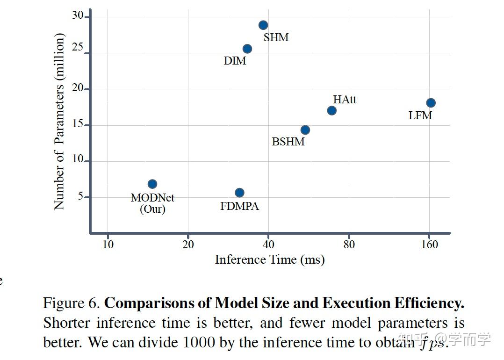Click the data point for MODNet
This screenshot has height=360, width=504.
click(x=152, y=184)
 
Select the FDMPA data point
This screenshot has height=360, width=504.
click(x=239, y=193)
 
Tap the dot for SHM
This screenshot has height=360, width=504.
click(x=263, y=25)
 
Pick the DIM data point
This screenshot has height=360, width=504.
click(x=247, y=49)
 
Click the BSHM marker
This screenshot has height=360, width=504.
click(x=305, y=130)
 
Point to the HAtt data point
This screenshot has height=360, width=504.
click(x=331, y=111)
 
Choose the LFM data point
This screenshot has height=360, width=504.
click(x=431, y=103)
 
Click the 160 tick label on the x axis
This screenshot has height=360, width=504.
click(x=429, y=245)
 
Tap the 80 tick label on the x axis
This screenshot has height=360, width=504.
click(x=349, y=245)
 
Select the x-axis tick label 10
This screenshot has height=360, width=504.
click(x=108, y=245)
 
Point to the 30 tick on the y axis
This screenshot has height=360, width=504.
click(x=77, y=15)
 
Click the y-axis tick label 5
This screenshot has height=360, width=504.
click(x=80, y=196)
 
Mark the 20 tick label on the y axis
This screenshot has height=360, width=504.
click(x=77, y=88)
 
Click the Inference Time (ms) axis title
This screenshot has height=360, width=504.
click(x=269, y=259)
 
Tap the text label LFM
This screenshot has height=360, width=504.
click(x=420, y=115)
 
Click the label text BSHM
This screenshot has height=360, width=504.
click(x=288, y=141)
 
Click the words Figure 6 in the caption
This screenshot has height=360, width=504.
click(x=71, y=303)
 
